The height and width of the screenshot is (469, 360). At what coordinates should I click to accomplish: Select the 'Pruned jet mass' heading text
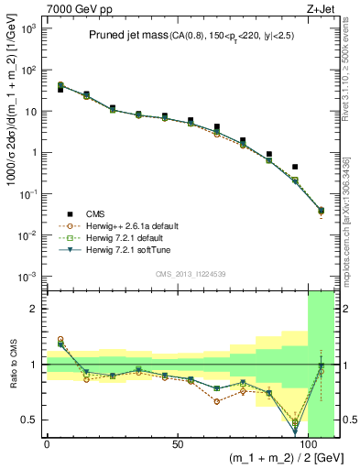[127, 36]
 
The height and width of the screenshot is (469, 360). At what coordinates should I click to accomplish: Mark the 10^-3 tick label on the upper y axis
[27, 277]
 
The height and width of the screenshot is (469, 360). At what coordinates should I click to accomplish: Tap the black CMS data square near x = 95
[295, 167]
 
